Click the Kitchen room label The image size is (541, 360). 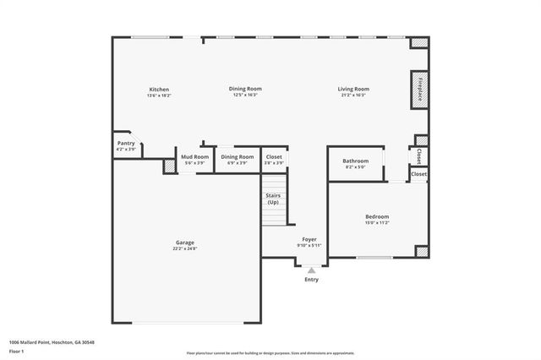click(160, 90)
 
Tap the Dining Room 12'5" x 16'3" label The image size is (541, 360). click(245, 89)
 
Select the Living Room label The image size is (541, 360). click(353, 89)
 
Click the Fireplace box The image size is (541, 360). click(419, 90)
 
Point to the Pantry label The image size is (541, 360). click(126, 145)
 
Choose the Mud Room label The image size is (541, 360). click(194, 156)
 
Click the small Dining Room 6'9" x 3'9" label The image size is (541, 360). click(238, 156)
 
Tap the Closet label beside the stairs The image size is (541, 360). click(274, 156)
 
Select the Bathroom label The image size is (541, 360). click(355, 161)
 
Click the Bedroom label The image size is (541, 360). click(377, 216)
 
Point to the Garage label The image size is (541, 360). click(184, 243)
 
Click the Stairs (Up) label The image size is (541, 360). click(273, 199)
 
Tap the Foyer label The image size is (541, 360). click(309, 239)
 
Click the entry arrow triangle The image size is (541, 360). click(311, 270)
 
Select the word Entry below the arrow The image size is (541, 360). click(311, 280)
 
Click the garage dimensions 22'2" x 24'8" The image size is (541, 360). click(184, 248)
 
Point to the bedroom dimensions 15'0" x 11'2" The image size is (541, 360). click(377, 223)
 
